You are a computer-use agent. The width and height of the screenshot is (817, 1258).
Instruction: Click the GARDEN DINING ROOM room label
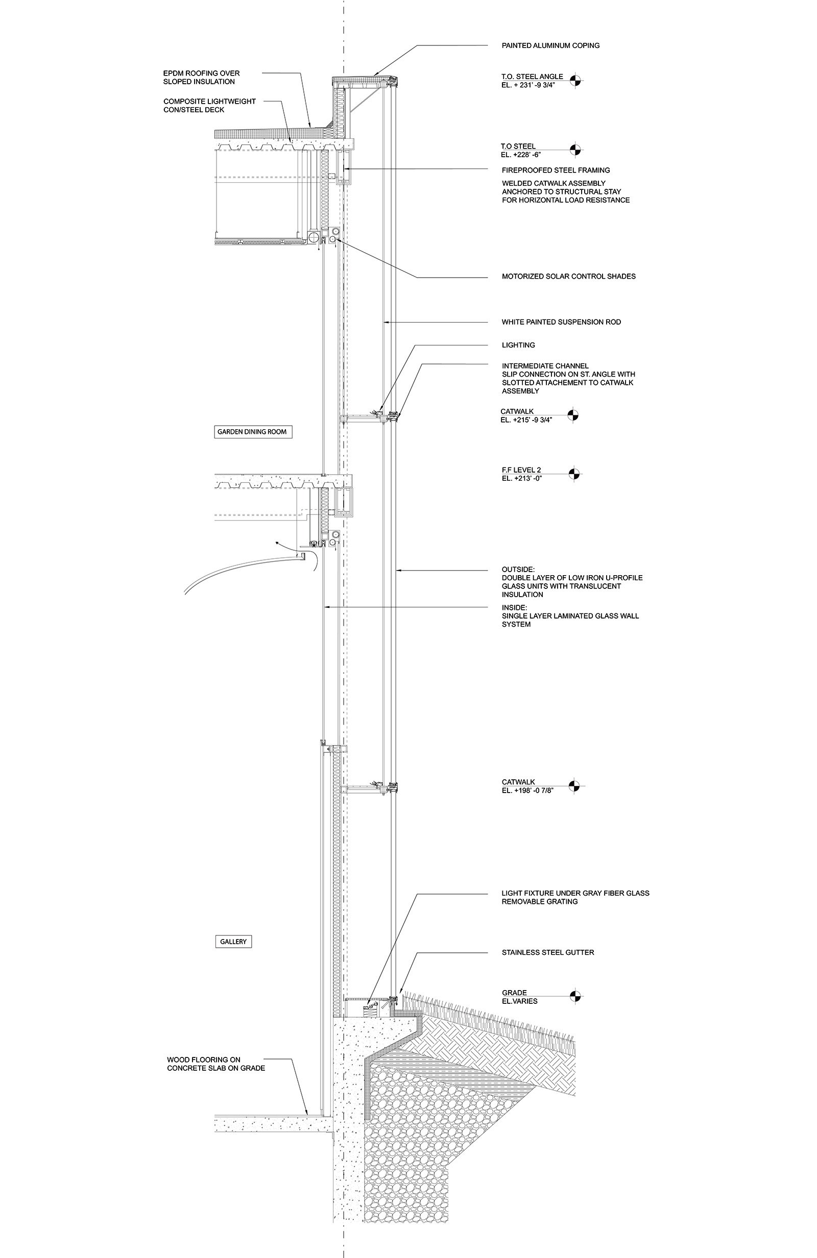pos(252,432)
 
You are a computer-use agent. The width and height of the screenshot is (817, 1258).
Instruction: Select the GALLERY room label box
pos(233,942)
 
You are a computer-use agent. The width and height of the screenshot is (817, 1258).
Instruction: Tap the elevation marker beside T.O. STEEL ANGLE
pos(575,81)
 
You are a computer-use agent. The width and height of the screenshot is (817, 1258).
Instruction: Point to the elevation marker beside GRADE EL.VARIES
pos(575,997)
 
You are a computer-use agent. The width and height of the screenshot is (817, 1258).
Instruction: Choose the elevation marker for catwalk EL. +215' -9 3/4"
pos(573,415)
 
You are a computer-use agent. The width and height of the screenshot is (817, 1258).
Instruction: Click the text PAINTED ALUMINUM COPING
pos(550,45)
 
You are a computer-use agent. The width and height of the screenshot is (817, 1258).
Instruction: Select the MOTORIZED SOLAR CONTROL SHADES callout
pos(568,277)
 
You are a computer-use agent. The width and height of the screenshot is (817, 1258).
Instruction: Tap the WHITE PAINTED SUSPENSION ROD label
pos(561,322)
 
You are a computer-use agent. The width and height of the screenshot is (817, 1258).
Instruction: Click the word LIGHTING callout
pos(518,345)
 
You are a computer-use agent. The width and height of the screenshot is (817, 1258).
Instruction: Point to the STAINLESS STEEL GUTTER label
pos(548,952)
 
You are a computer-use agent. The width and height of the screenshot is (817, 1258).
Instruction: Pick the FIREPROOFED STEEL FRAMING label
pos(556,170)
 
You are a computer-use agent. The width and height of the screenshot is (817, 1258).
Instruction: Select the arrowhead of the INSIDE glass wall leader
pos(326,607)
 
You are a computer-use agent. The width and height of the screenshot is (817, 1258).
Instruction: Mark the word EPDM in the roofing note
pos(174,73)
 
